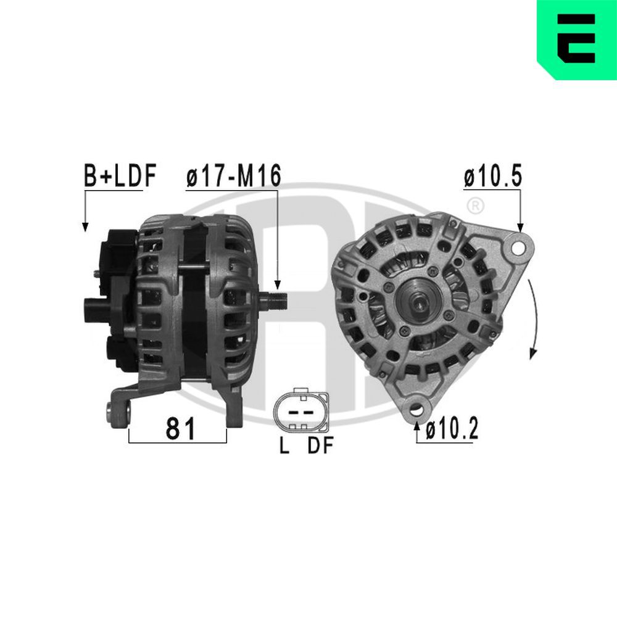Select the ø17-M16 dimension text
click(x=233, y=176)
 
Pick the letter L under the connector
click(x=284, y=447)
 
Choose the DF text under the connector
click(x=320, y=447)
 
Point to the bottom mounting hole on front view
click(x=418, y=409)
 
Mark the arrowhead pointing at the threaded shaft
click(x=278, y=285)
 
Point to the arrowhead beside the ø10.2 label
click(x=418, y=424)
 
